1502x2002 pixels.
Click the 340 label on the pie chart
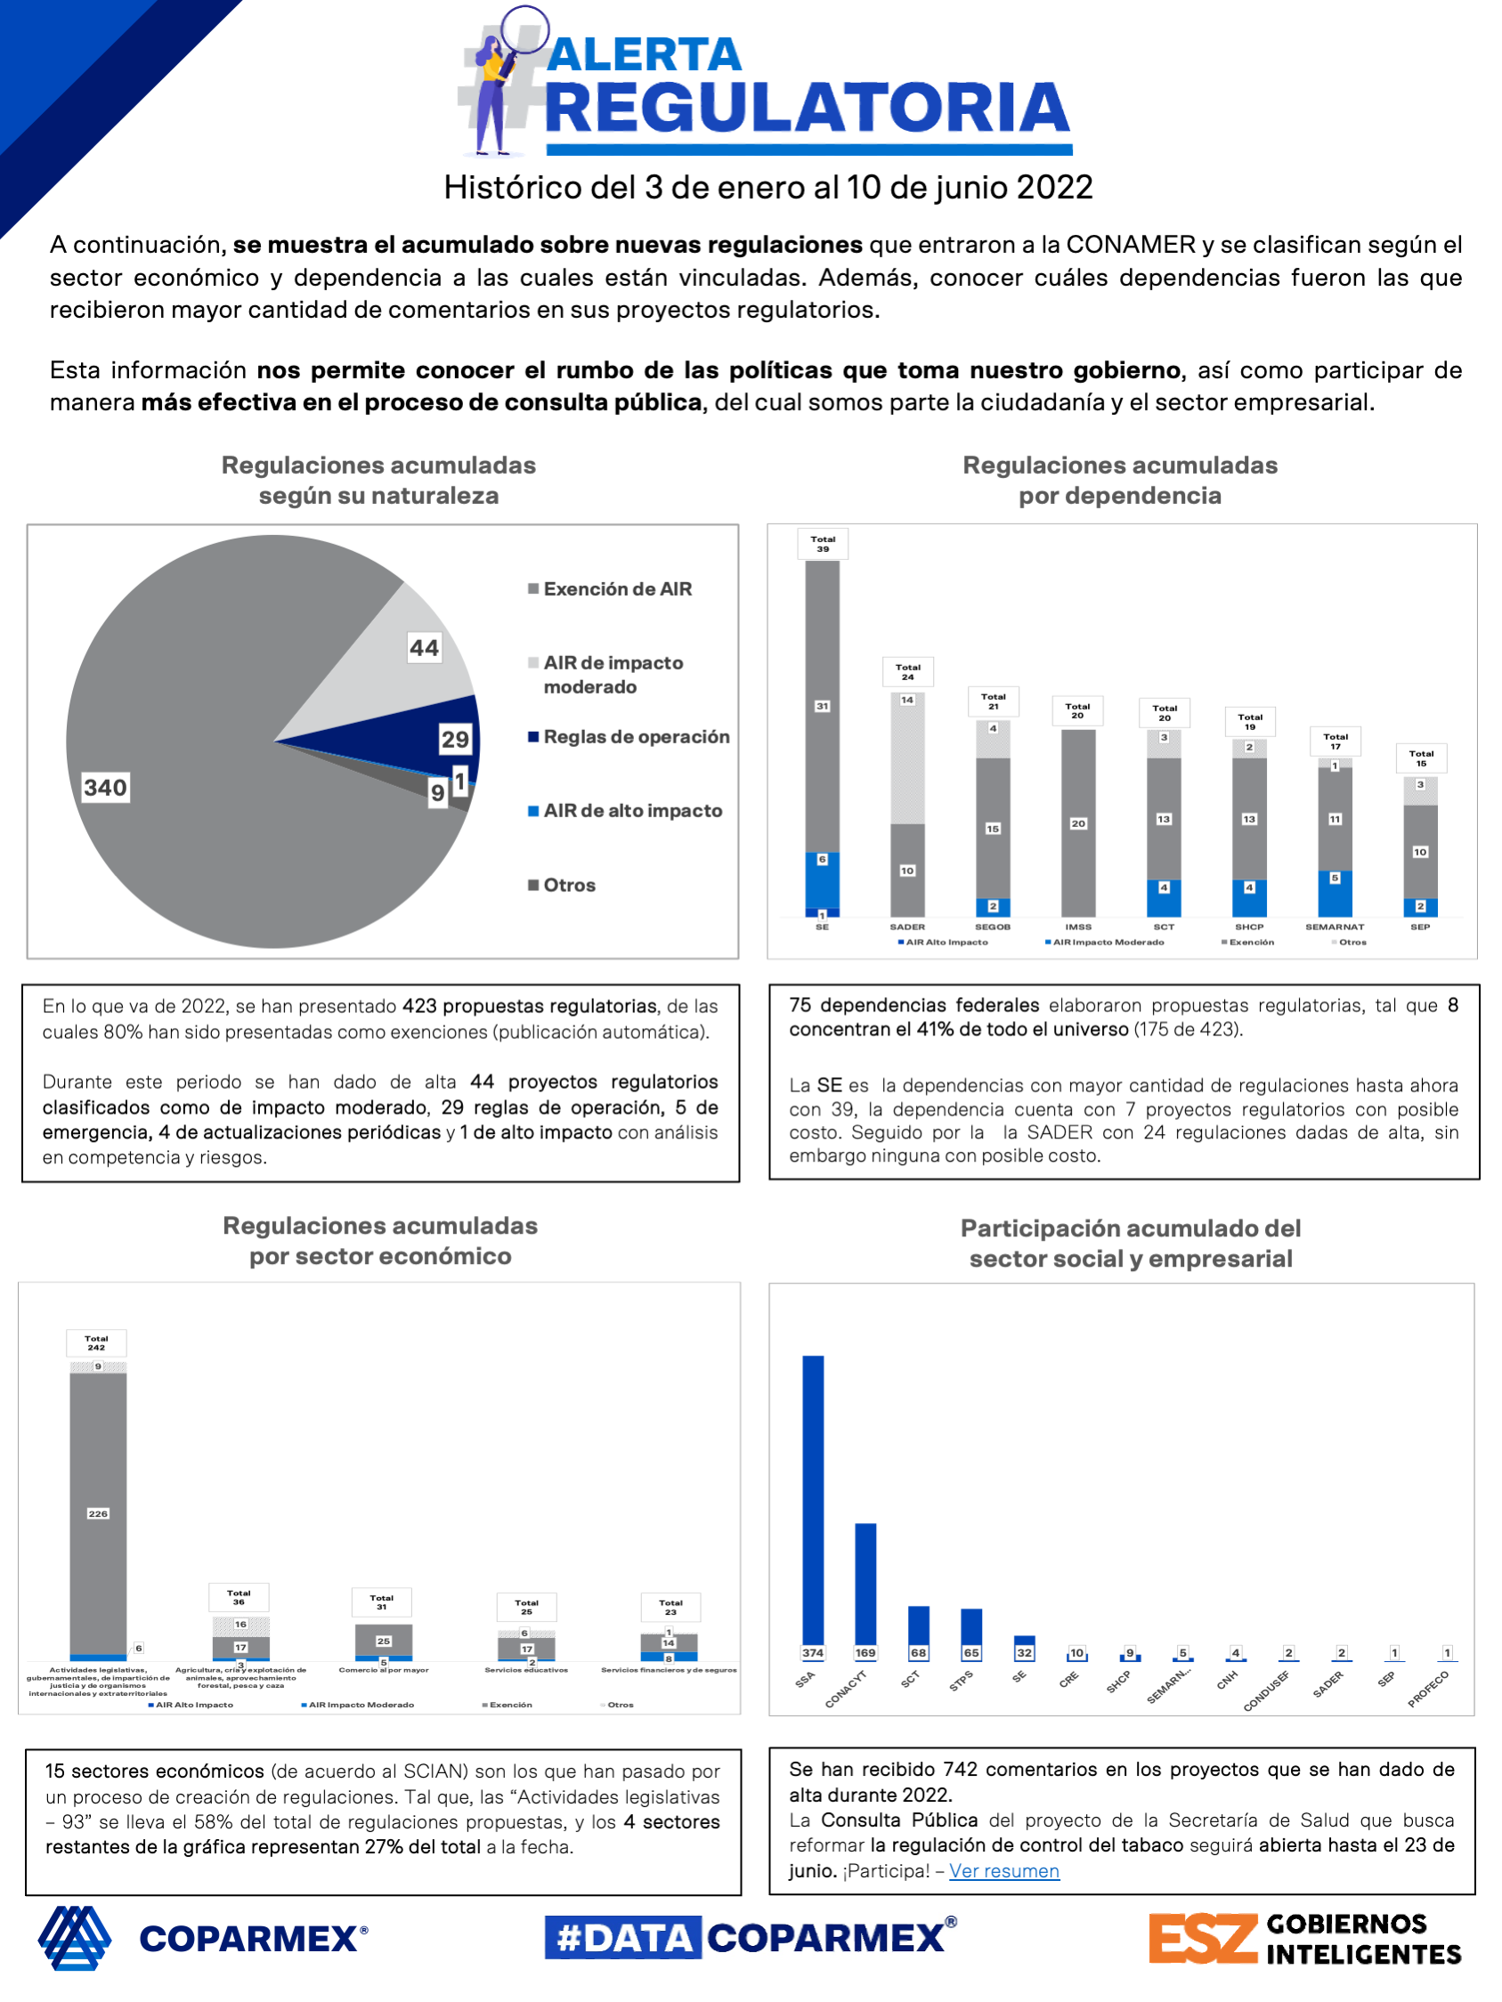point(105,788)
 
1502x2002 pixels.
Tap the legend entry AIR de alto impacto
point(632,811)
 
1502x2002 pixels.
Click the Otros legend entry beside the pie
point(569,885)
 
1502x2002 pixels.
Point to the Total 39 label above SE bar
point(822,544)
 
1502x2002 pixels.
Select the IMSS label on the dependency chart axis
point(1077,927)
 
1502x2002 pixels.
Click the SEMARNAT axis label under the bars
point(1335,927)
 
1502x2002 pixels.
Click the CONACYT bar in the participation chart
point(865,1584)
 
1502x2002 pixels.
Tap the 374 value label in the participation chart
point(813,1653)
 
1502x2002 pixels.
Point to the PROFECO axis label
point(1429,1689)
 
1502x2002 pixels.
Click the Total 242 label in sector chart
point(96,1342)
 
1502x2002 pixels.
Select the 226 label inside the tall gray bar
point(98,1513)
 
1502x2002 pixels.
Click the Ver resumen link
point(1003,1871)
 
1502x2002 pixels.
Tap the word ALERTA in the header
point(645,54)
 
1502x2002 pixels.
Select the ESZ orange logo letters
point(1202,1939)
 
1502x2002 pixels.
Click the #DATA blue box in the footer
point(623,1938)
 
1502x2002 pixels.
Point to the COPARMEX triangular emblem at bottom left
point(74,1938)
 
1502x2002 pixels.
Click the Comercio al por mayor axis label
point(383,1670)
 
